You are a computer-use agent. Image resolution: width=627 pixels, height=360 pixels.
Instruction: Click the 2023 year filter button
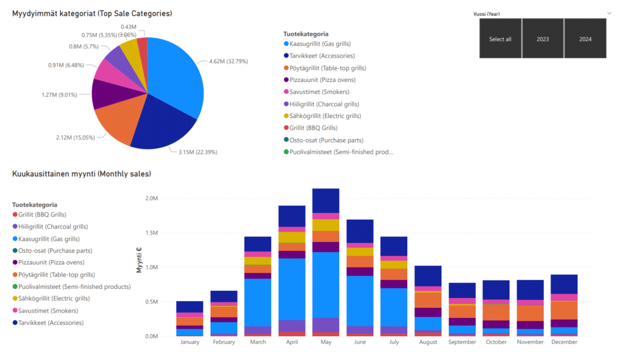tap(543, 39)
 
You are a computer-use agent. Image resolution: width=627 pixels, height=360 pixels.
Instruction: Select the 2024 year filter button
tap(585, 39)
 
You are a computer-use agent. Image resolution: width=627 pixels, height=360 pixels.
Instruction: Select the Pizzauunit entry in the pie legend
tap(322, 80)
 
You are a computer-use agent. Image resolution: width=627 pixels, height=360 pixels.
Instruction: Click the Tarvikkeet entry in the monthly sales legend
tap(50, 323)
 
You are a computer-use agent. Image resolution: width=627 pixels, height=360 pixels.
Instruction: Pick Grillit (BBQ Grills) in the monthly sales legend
tap(42, 215)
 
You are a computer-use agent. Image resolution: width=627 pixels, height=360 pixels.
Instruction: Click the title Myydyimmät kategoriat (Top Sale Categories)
tap(92, 13)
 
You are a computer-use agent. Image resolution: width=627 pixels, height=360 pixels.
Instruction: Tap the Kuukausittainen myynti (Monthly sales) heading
tap(81, 174)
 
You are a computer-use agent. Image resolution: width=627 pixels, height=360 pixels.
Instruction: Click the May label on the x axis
tap(325, 342)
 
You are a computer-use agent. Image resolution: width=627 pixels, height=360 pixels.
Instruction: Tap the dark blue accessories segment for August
tap(427, 276)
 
